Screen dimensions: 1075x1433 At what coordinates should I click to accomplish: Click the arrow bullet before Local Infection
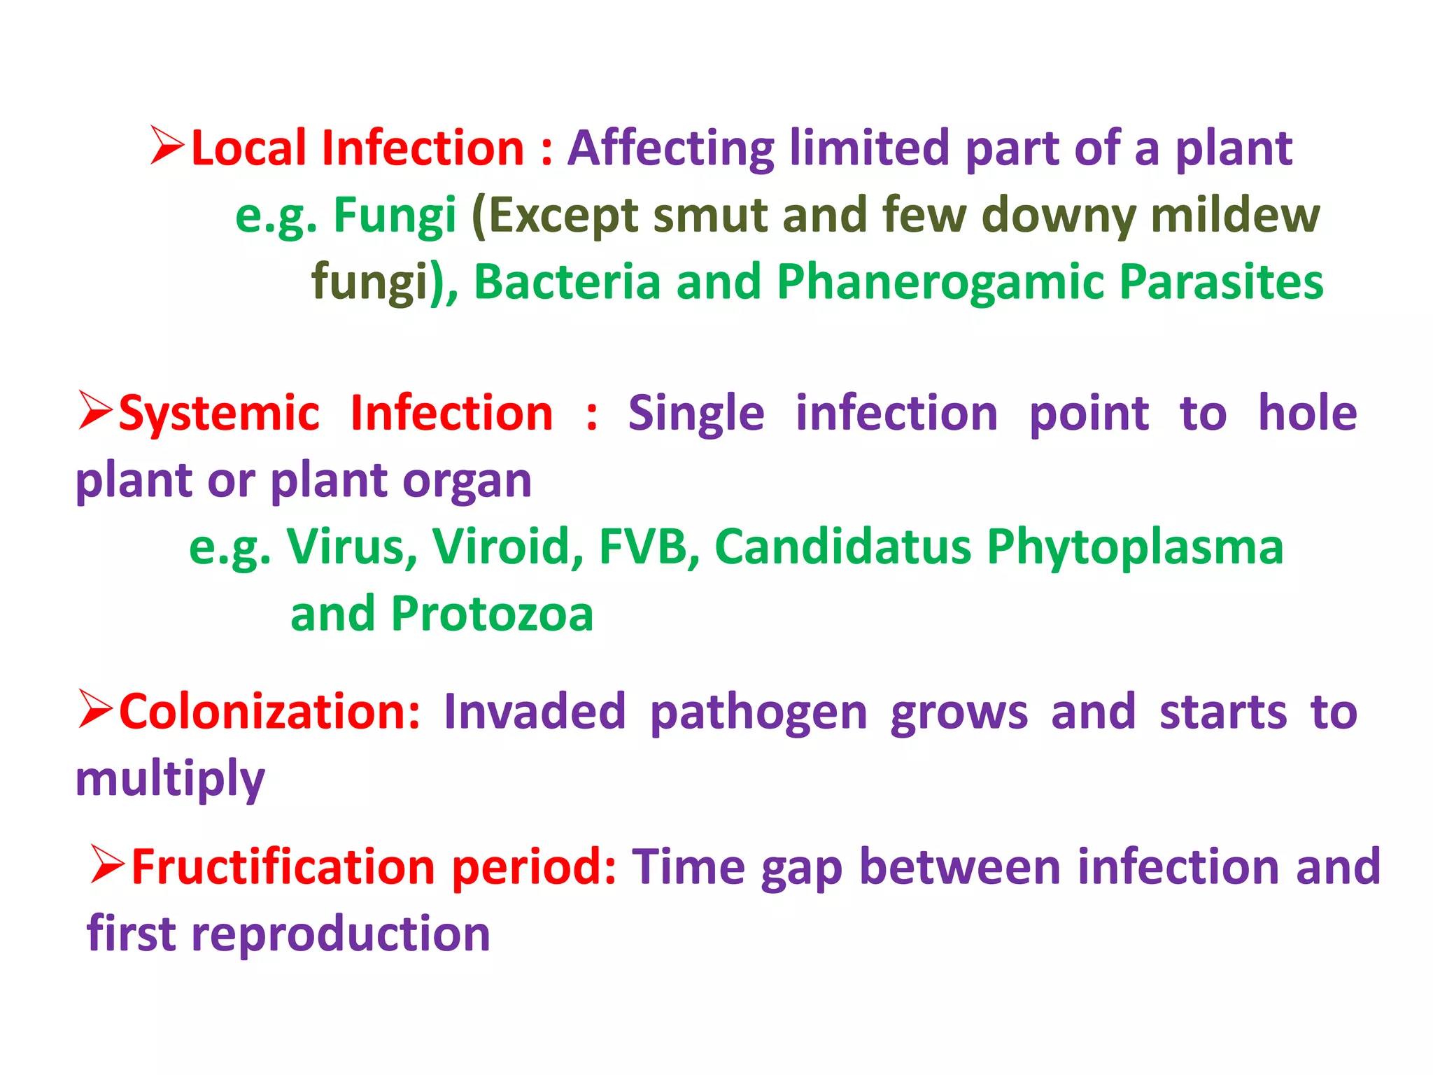[168, 146]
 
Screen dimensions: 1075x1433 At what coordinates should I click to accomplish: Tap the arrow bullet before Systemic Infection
[96, 411]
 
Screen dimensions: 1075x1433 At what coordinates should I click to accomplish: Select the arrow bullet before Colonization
[96, 710]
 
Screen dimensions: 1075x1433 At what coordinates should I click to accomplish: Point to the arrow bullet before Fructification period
[108, 865]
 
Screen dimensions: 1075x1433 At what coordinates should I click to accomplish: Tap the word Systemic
[219, 413]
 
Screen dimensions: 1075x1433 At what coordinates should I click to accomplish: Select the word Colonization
[269, 712]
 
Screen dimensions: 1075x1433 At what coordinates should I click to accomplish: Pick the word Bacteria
[567, 281]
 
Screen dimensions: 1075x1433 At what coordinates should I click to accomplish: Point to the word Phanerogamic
[940, 281]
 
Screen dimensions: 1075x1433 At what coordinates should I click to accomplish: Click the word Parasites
[1221, 281]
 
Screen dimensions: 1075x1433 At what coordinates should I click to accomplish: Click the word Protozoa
[492, 614]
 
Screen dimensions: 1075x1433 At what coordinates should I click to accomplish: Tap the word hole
[1307, 413]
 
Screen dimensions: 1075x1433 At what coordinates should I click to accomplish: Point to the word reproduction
[341, 934]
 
